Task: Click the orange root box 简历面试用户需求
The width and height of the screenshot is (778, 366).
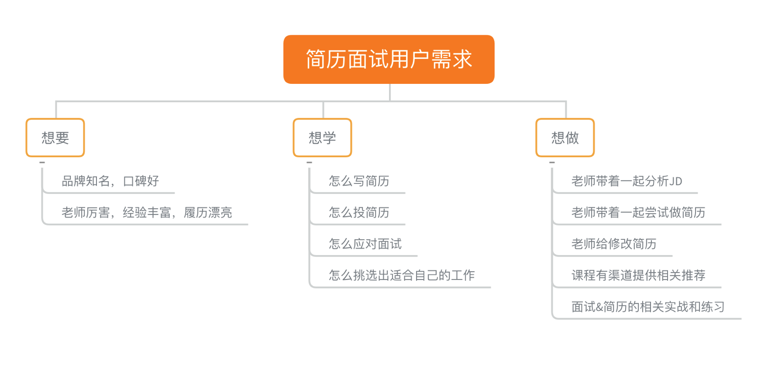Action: (389, 59)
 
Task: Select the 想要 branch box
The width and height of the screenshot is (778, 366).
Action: (55, 137)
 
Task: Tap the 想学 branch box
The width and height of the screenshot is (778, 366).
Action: (322, 137)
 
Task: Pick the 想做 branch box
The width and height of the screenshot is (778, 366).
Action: (565, 137)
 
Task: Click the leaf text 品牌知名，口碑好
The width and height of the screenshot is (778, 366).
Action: (110, 181)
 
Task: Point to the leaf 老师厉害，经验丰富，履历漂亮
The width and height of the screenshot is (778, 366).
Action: (147, 213)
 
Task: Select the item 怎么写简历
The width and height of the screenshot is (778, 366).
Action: (359, 181)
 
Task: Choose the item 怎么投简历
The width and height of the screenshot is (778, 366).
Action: (359, 213)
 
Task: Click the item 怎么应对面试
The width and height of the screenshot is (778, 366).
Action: (365, 244)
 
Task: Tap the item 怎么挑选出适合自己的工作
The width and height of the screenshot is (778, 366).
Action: (402, 275)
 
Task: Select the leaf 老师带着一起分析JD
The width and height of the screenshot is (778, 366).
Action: (627, 181)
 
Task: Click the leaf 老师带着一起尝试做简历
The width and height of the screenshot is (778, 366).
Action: (639, 213)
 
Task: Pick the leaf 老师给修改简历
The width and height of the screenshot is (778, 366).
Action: (614, 244)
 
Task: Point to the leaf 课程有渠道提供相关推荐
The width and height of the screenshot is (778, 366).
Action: (639, 275)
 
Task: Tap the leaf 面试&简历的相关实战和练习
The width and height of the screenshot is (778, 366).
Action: (648, 307)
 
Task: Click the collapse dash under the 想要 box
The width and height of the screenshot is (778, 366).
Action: (42, 162)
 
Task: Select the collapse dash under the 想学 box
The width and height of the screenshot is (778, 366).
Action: (309, 162)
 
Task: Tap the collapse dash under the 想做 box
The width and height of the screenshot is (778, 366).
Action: (552, 162)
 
